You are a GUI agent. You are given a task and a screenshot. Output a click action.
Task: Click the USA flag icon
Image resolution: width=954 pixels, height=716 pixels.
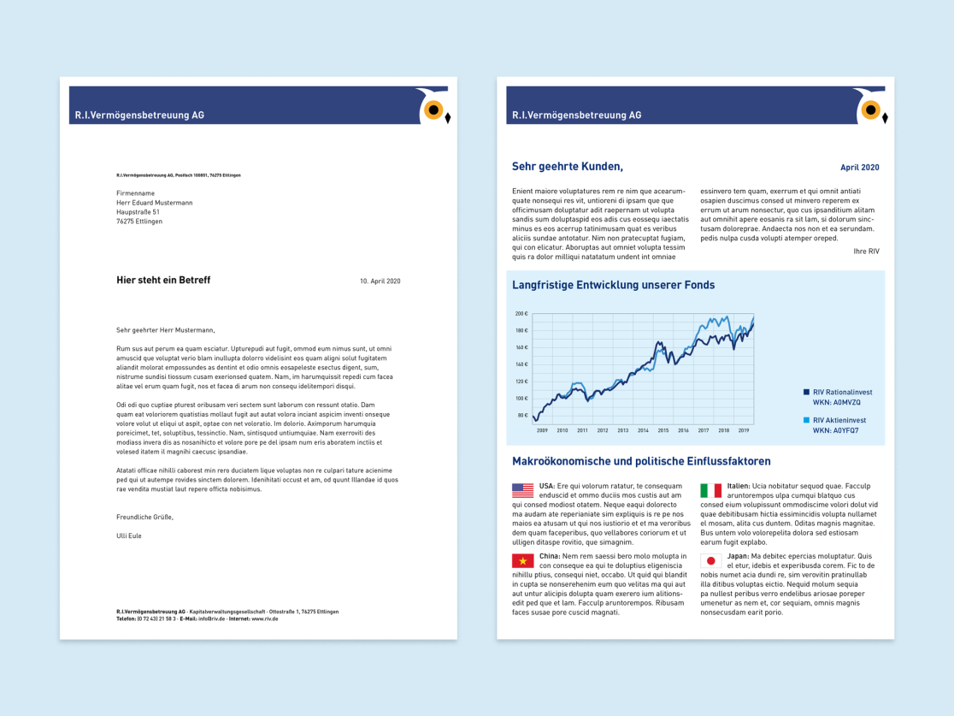[522, 490]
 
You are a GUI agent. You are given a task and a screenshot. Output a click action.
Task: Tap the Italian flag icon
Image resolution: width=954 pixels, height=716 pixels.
[710, 490]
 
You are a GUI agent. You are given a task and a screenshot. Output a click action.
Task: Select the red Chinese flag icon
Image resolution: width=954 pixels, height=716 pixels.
[522, 561]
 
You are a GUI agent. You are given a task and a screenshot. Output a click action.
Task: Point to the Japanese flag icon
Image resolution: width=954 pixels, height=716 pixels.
[710, 561]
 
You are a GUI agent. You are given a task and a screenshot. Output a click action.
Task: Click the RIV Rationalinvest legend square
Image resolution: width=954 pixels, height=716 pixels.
[806, 392]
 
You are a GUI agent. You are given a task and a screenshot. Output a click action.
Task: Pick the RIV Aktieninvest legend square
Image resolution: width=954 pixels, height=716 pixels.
[806, 420]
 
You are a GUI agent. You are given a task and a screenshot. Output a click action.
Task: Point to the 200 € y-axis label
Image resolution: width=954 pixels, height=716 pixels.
[521, 314]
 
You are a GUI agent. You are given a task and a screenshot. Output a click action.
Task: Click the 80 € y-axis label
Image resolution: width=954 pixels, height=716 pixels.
[522, 416]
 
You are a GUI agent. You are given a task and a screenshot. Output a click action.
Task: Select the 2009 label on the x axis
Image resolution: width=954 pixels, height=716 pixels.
[542, 430]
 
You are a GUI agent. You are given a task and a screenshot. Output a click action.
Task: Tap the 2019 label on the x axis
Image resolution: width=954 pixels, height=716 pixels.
[744, 430]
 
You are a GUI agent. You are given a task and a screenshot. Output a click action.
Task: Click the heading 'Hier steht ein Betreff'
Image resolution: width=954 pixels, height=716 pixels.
[163, 280]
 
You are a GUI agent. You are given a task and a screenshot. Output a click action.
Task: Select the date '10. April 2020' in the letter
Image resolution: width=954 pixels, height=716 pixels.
[380, 281]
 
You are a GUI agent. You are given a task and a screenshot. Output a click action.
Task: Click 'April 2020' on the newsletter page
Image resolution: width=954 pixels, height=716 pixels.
[859, 168]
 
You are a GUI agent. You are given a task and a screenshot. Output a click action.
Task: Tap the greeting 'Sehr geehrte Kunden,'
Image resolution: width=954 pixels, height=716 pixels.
[568, 167]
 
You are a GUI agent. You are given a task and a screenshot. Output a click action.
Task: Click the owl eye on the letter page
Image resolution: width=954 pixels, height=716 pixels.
[433, 109]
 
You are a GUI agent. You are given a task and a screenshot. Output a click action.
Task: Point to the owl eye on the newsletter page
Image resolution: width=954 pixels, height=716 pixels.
[871, 109]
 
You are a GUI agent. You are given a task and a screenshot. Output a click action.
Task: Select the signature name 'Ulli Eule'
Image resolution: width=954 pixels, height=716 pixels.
[129, 536]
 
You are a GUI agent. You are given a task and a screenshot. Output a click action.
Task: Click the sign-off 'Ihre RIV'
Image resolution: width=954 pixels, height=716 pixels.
[866, 251]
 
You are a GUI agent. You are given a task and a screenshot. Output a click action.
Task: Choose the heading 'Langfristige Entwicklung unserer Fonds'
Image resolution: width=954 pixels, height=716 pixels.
[613, 285]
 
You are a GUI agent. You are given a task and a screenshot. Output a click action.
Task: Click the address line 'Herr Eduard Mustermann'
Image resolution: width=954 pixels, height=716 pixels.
[155, 203]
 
